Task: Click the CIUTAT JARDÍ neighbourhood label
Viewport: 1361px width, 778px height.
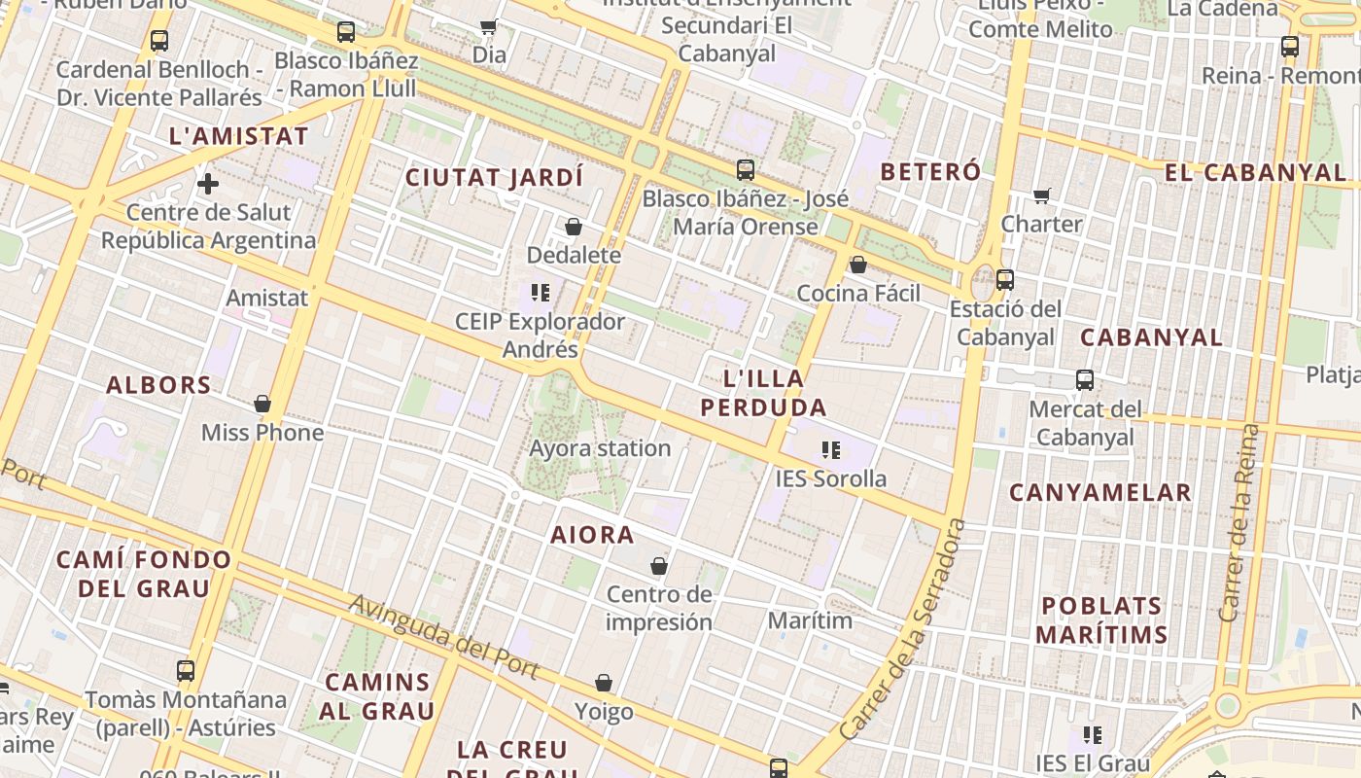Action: (x=494, y=178)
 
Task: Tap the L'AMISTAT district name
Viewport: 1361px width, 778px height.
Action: (x=238, y=136)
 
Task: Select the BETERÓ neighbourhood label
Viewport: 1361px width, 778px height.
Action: (x=930, y=172)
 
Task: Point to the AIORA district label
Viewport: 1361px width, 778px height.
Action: (x=592, y=535)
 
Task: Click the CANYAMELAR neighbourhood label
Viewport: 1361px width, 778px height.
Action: (x=1099, y=493)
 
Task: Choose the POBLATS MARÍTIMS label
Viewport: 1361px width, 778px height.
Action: (x=1101, y=620)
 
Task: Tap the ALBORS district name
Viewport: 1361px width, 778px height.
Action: (x=158, y=385)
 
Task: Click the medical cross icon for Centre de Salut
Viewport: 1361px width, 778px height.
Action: (x=207, y=183)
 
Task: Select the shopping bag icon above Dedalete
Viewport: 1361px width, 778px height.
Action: (x=574, y=227)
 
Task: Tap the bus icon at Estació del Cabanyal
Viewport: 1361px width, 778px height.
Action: (x=1005, y=280)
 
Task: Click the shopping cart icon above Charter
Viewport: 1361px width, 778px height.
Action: (x=1042, y=195)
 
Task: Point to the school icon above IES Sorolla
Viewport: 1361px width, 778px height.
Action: (x=830, y=449)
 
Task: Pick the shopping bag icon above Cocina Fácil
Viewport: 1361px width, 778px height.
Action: (x=858, y=265)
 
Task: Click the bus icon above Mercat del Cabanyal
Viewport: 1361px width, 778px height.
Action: (x=1085, y=380)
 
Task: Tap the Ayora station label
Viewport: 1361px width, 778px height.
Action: (x=600, y=448)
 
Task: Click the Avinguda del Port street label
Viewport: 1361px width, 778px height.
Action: (x=444, y=637)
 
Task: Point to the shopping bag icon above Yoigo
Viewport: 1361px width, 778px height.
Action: (x=604, y=683)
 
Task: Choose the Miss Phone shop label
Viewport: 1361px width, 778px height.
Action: (x=262, y=433)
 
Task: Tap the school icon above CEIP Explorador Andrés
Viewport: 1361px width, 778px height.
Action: (x=541, y=292)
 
